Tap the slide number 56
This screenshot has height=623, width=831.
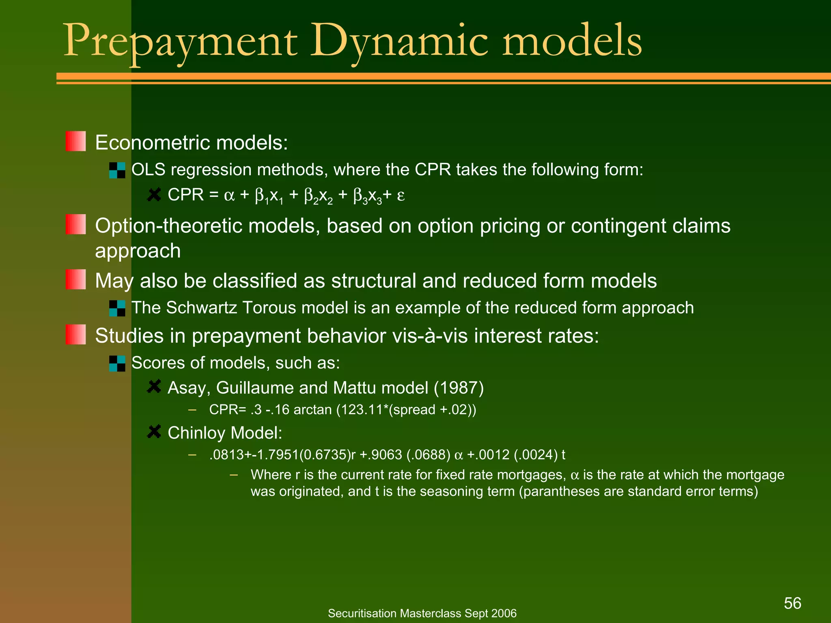[x=792, y=603]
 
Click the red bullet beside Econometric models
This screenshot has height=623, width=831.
[x=75, y=141]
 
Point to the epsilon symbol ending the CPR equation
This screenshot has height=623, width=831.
[x=400, y=196]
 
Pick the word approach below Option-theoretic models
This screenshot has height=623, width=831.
[x=138, y=251]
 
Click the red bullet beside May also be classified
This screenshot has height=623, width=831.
[x=75, y=279]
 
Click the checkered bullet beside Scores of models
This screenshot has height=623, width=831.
[x=117, y=363]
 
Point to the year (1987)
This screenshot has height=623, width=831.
[x=459, y=388]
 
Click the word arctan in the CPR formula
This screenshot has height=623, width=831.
[x=312, y=410]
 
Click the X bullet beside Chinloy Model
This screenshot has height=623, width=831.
[x=154, y=432]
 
